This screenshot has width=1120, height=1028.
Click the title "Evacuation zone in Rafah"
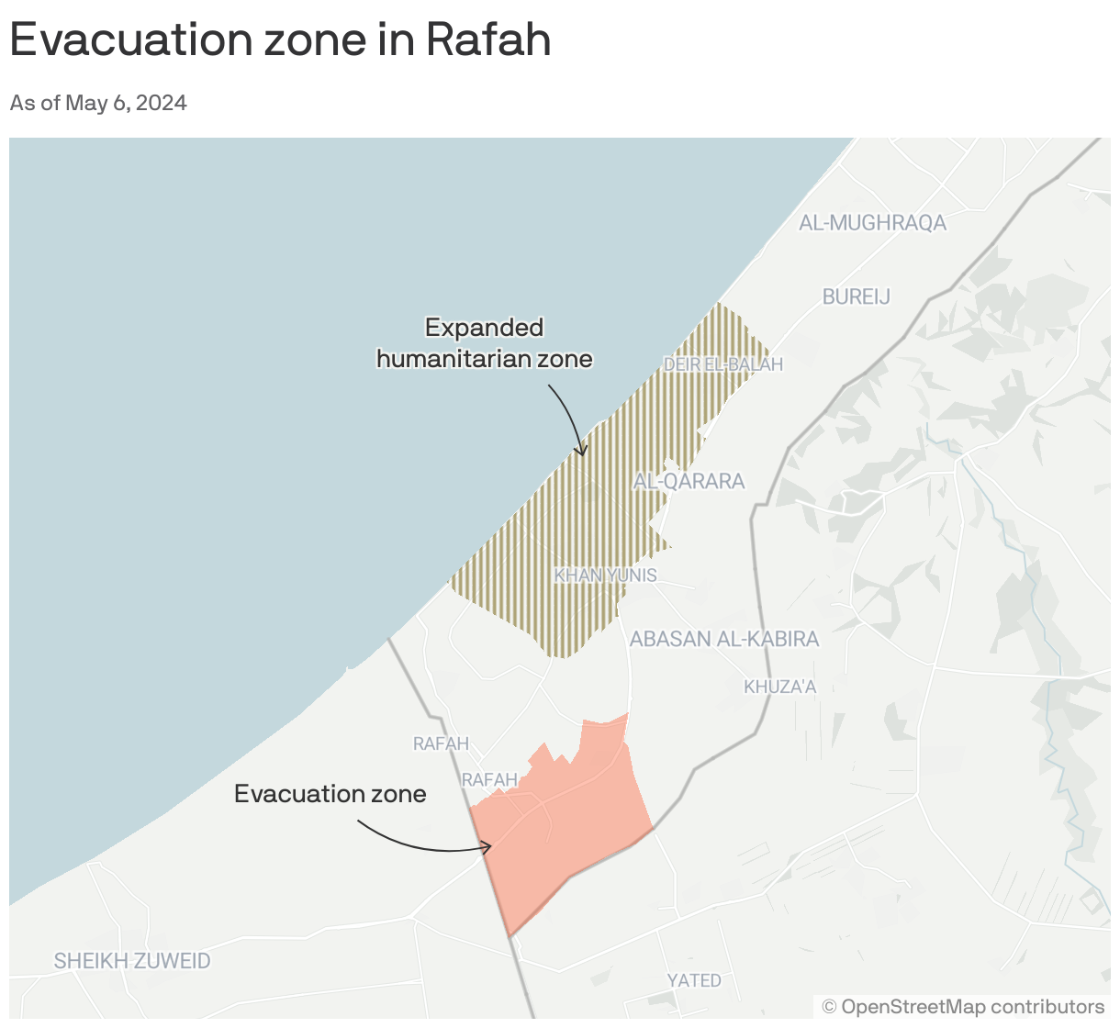pyautogui.click(x=280, y=39)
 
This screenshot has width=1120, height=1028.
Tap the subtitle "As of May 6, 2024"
pyautogui.click(x=98, y=103)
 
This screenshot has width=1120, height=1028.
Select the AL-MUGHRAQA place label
pyautogui.click(x=872, y=222)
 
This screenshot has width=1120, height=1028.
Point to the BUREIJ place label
pyautogui.click(x=856, y=296)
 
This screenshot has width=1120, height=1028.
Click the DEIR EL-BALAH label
pyautogui.click(x=723, y=364)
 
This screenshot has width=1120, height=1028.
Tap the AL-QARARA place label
pyautogui.click(x=689, y=481)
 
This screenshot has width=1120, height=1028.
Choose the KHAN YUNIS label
pyautogui.click(x=605, y=575)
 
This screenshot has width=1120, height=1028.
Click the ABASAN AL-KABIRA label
pyautogui.click(x=724, y=639)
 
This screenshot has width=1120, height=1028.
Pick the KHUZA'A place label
pyautogui.click(x=779, y=687)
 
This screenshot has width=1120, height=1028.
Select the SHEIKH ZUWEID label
pyautogui.click(x=132, y=961)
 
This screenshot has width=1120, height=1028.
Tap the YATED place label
pyautogui.click(x=694, y=980)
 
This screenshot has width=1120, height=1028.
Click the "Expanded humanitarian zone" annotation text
pyautogui.click(x=485, y=343)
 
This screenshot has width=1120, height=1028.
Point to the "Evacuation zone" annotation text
pyautogui.click(x=330, y=794)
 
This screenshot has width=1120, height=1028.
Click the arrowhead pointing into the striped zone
pyautogui.click(x=580, y=451)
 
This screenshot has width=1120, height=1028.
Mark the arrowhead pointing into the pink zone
pyautogui.click(x=487, y=847)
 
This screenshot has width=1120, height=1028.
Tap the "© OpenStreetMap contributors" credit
pyautogui.click(x=963, y=1007)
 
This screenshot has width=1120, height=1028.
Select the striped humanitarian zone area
pyautogui.click(x=588, y=514)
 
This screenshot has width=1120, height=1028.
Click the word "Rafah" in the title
pyautogui.click(x=488, y=39)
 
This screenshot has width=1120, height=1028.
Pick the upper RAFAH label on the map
pyautogui.click(x=441, y=743)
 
